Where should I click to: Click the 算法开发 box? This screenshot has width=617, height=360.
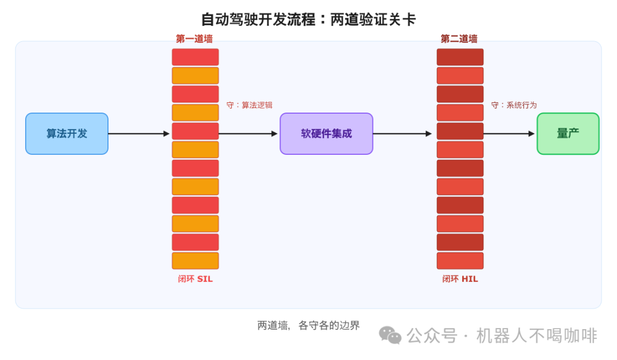pos(67,134)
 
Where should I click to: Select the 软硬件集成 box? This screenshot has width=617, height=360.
pos(326,134)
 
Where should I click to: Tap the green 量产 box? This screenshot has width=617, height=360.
pos(568,134)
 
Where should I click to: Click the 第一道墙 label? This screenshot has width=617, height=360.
pos(194,39)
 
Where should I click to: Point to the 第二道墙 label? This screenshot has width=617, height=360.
pos(459,39)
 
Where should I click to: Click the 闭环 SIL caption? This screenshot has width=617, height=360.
pos(195,279)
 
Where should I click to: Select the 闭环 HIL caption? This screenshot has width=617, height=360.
pos(460,279)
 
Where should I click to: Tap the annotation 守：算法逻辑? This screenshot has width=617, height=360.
pos(249,105)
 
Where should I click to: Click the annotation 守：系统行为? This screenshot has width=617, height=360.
pos(514,105)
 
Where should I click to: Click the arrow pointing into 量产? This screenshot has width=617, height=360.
pos(508,134)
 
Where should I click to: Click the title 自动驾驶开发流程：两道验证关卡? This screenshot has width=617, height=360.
pos(308,19)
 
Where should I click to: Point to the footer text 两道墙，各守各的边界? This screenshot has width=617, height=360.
pos(308,326)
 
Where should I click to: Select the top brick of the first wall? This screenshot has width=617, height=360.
pos(195,57)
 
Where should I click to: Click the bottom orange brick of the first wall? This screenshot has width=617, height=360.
pos(195,261)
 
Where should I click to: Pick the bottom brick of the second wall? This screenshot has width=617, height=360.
pos(460,261)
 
